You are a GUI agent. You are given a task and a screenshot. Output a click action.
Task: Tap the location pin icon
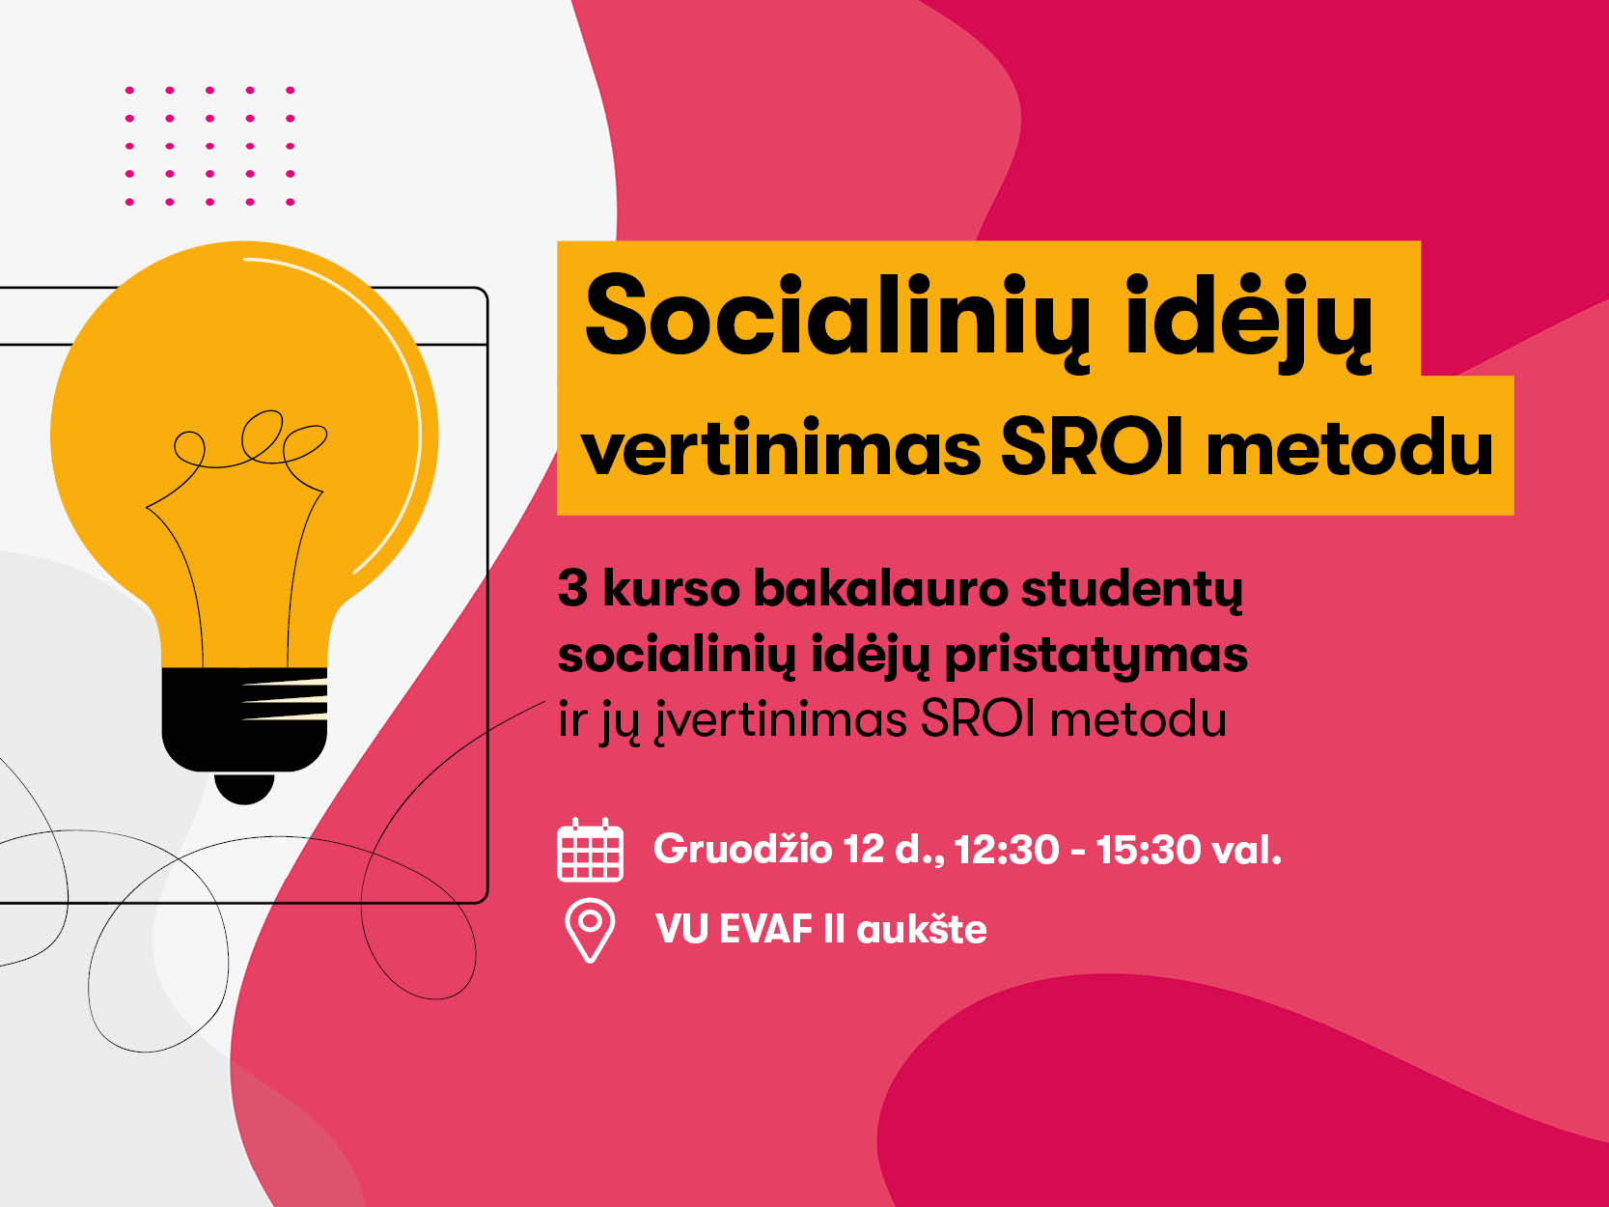click(x=590, y=930)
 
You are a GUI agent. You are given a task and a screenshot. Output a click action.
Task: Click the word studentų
click(x=1132, y=591)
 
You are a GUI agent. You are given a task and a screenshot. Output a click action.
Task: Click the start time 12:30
click(x=1007, y=850)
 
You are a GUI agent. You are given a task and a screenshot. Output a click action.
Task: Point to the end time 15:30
click(x=1149, y=850)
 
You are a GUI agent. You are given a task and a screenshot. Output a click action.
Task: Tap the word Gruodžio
click(x=742, y=850)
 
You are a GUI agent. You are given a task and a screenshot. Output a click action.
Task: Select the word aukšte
click(x=922, y=929)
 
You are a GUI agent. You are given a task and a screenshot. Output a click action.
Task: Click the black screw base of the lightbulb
click(x=244, y=718)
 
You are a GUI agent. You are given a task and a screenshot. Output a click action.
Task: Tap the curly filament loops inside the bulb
click(x=250, y=440)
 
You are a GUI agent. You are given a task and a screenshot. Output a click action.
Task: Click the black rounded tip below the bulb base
click(x=244, y=788)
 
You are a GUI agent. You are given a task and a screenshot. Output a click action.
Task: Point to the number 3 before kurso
click(x=572, y=589)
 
